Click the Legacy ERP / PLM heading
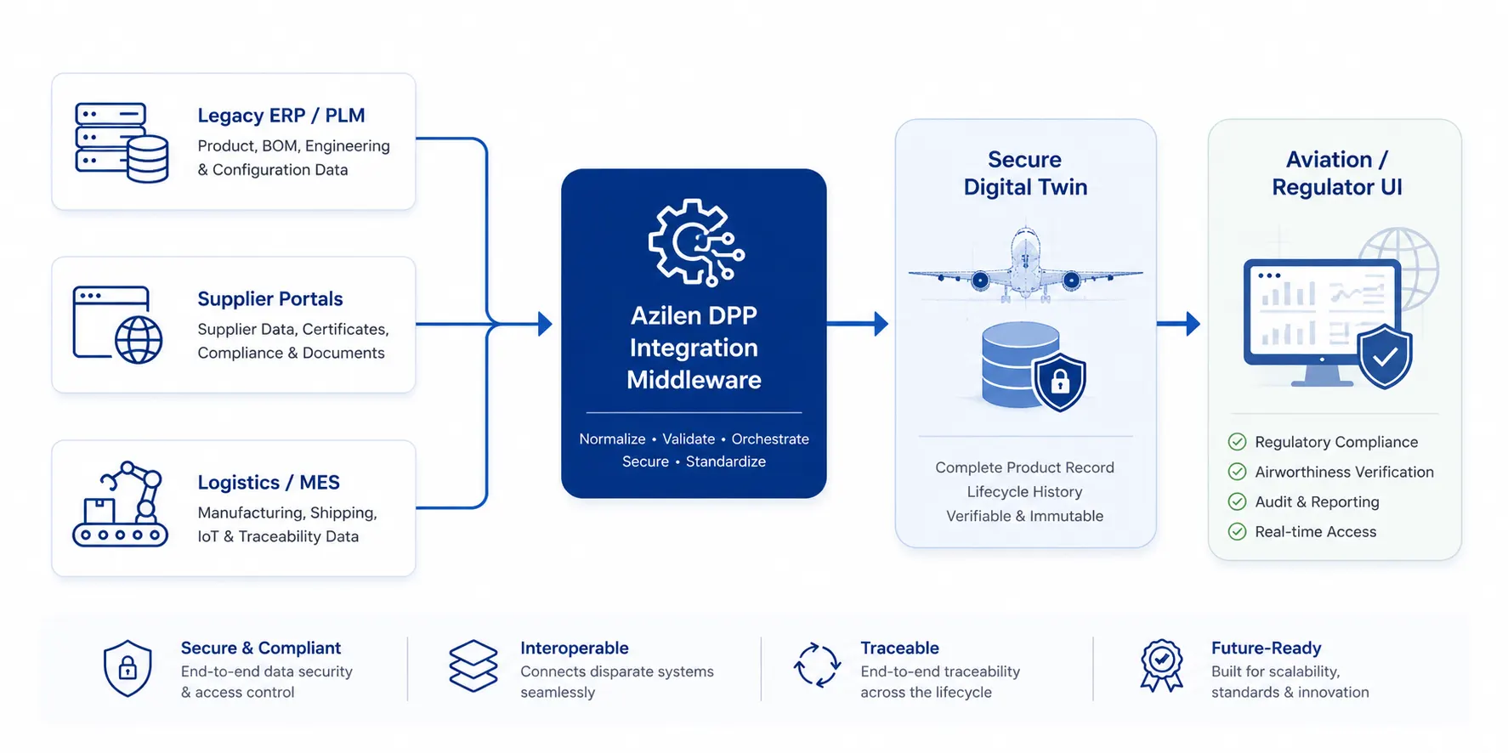[x=281, y=116]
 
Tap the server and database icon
[x=122, y=143]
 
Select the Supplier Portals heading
[x=270, y=299]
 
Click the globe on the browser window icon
[x=139, y=340]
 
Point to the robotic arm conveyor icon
[x=121, y=504]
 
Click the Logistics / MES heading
[x=269, y=483]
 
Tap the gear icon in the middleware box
[x=696, y=242]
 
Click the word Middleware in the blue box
[x=694, y=380]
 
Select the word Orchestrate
[x=770, y=439]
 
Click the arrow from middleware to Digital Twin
[x=857, y=323]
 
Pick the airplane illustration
[x=1025, y=266]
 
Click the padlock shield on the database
[x=1059, y=382]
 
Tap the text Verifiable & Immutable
[x=1025, y=516]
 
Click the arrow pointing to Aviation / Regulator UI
[x=1178, y=323]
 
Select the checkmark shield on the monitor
[x=1385, y=356]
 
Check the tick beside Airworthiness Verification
[x=1238, y=472]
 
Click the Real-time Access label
[x=1316, y=532]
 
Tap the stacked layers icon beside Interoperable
[x=473, y=665]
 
